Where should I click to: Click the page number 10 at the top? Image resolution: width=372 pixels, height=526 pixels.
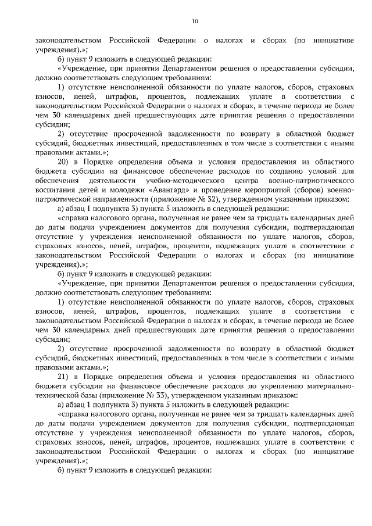[x=195, y=22]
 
